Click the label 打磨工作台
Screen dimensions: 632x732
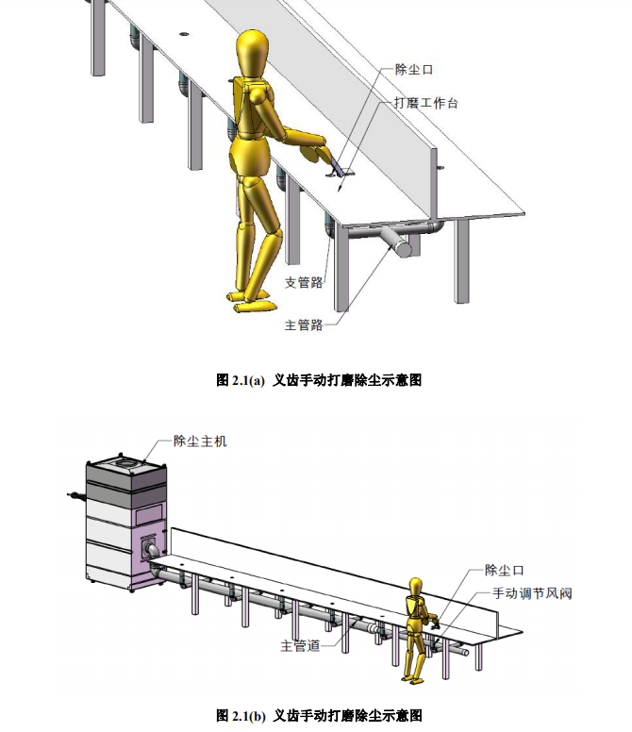425,103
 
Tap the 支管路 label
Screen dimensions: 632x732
304,282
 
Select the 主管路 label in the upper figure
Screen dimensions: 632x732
304,324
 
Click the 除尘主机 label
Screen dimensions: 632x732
200,441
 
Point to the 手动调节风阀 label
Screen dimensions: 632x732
532,593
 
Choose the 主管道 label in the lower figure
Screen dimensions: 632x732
300,645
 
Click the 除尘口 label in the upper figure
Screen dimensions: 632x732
414,70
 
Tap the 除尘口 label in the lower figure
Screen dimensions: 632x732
505,570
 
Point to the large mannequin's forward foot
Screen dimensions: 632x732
255,306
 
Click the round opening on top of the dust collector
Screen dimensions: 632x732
126,464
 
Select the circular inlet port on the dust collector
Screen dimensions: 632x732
152,549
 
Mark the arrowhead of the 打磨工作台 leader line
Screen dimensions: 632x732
341,188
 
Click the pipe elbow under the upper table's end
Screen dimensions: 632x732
437,227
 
